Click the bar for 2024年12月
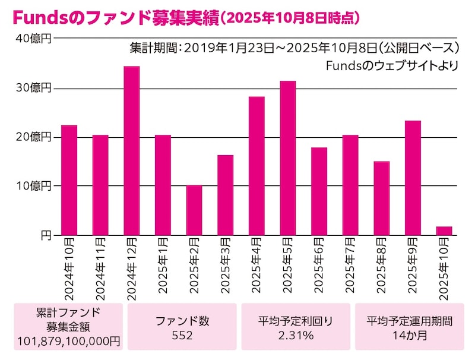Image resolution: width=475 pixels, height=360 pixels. [x=131, y=151]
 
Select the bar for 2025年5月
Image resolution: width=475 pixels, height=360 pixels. [x=288, y=158]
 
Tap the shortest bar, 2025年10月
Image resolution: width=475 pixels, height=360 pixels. [x=444, y=231]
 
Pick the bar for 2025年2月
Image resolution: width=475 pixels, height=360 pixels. [x=194, y=210]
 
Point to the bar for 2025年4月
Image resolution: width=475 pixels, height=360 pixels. [x=256, y=166]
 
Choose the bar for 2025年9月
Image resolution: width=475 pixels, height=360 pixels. [x=413, y=178]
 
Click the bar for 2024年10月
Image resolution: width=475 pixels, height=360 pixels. [x=69, y=180]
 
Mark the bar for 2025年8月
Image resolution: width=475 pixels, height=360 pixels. [x=382, y=198]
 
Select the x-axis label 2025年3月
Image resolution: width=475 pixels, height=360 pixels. [x=226, y=267]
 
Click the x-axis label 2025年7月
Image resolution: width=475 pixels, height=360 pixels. [x=350, y=267]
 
